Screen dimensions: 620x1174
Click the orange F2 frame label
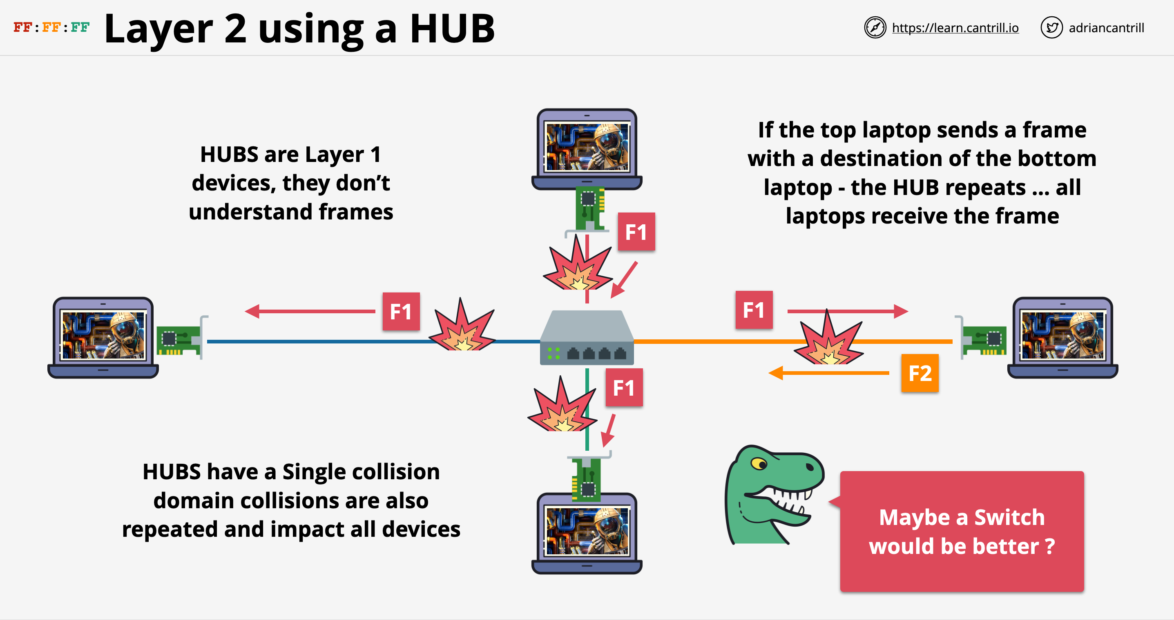click(x=920, y=373)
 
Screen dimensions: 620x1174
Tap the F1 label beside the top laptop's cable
click(x=636, y=232)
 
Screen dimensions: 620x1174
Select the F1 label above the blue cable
click(x=401, y=311)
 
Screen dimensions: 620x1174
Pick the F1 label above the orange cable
click(x=754, y=310)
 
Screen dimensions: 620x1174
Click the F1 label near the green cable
click(x=624, y=387)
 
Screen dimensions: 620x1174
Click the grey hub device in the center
click(x=587, y=338)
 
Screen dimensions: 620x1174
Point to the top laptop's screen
click(x=587, y=146)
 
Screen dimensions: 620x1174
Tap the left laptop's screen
click(x=103, y=335)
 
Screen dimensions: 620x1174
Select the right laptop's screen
click(x=1062, y=335)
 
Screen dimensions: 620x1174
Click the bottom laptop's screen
click(x=587, y=531)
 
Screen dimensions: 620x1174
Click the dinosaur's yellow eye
click(x=759, y=464)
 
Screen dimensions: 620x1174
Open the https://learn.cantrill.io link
click(x=955, y=28)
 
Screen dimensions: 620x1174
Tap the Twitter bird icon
click(x=1051, y=28)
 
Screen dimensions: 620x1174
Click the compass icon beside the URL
click(x=875, y=28)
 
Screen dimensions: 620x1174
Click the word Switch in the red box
click(x=1009, y=518)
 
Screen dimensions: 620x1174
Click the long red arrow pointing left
click(x=310, y=311)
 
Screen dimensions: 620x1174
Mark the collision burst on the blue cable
click(x=462, y=327)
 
